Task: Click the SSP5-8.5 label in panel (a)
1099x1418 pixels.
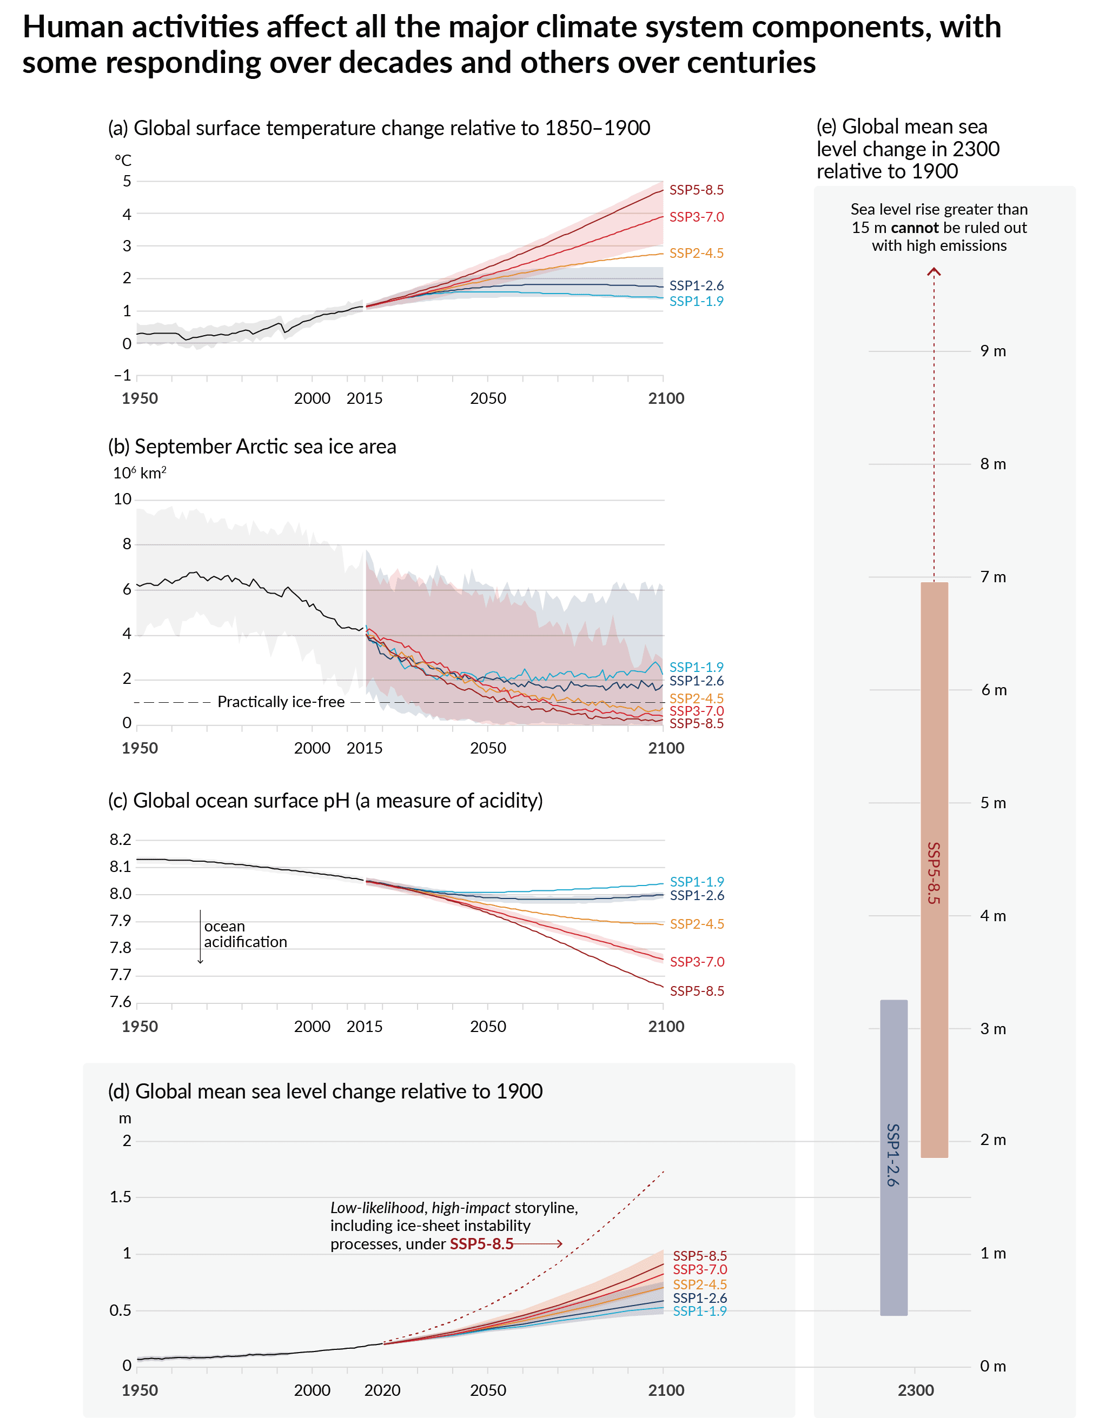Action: pyautogui.click(x=696, y=190)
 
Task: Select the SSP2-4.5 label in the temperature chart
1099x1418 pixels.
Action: pyautogui.click(x=696, y=253)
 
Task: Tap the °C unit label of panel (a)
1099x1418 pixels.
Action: pyautogui.click(x=123, y=161)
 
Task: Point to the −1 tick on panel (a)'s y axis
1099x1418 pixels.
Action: pyautogui.click(x=123, y=375)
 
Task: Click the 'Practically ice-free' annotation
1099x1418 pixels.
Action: pyautogui.click(x=281, y=702)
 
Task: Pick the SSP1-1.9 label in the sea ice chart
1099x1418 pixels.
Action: pyautogui.click(x=696, y=667)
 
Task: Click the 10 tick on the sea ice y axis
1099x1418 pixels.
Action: pyautogui.click(x=122, y=500)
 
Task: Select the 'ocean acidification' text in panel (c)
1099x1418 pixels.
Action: pyautogui.click(x=245, y=934)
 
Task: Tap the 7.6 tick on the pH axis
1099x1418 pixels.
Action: pyautogui.click(x=120, y=1002)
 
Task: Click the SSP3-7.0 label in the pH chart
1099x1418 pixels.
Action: pyautogui.click(x=697, y=962)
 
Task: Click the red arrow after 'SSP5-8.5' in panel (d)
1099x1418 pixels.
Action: pyautogui.click(x=539, y=1244)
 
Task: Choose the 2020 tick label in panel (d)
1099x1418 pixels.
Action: pyautogui.click(x=382, y=1390)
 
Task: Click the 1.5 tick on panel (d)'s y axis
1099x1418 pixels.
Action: pyautogui.click(x=120, y=1196)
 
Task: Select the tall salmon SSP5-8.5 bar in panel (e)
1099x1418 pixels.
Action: pyautogui.click(x=934, y=870)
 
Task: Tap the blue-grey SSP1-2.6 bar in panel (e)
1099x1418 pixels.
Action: pyautogui.click(x=894, y=1156)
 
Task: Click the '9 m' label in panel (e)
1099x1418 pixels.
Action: pyautogui.click(x=992, y=351)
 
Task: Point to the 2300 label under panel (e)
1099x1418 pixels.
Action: pyautogui.click(x=916, y=1390)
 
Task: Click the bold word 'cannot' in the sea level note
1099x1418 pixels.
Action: pyautogui.click(x=915, y=228)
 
